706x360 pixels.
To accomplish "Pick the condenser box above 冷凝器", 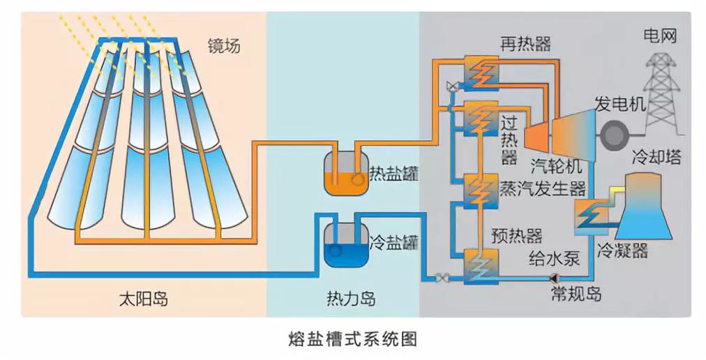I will (x=592, y=217).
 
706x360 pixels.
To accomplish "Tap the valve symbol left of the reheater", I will (x=452, y=86).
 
